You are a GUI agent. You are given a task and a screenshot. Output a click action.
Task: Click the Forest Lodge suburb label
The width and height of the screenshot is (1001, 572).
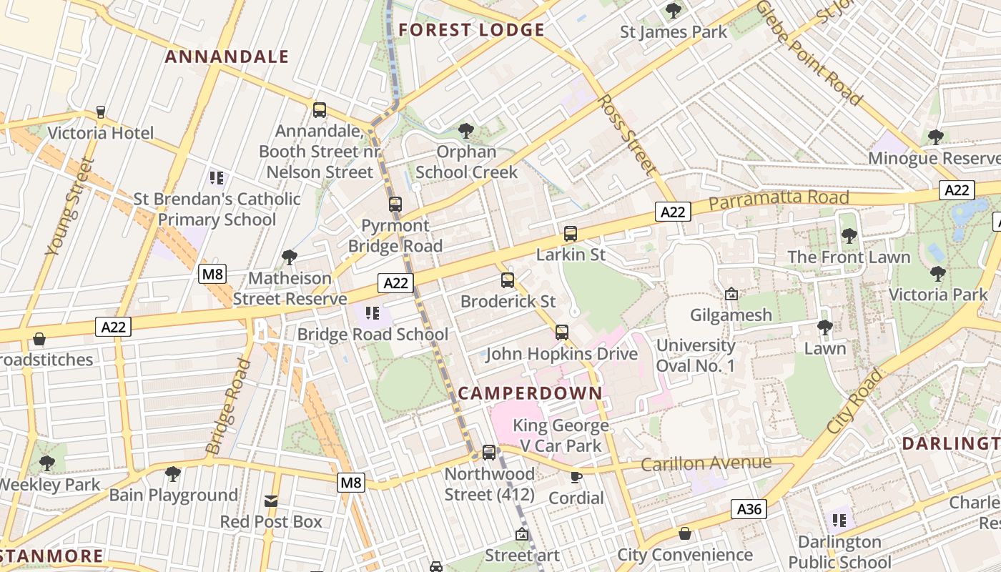tap(472, 30)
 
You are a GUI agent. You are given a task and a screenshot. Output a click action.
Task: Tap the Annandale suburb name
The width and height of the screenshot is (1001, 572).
tap(227, 56)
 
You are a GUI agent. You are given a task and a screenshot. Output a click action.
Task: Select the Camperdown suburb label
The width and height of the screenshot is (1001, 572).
tap(530, 393)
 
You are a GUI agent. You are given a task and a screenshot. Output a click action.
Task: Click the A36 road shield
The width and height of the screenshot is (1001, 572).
tap(749, 509)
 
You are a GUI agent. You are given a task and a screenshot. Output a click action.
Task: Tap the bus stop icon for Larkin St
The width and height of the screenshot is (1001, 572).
tap(570, 233)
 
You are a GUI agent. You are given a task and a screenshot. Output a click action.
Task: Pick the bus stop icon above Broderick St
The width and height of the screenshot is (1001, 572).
tap(508, 280)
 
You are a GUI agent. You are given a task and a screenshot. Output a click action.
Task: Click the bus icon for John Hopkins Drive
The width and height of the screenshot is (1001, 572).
tap(562, 332)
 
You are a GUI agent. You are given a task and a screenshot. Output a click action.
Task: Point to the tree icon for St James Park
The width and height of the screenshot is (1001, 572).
tap(673, 11)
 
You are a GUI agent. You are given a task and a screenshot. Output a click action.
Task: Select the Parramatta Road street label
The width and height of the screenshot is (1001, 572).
tap(779, 199)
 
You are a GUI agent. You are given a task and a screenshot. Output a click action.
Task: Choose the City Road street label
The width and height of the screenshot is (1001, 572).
tap(855, 401)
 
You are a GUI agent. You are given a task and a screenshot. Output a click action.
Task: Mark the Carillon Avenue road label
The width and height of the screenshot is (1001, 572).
tap(706, 463)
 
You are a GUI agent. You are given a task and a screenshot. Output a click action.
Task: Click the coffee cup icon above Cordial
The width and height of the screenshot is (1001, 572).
tap(576, 477)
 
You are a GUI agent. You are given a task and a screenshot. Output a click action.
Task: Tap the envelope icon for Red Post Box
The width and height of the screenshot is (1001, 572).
tap(271, 500)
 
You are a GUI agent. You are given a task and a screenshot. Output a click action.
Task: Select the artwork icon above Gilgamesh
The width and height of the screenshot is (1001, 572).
tap(731, 294)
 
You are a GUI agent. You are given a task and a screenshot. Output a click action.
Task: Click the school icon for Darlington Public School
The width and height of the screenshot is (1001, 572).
tap(839, 520)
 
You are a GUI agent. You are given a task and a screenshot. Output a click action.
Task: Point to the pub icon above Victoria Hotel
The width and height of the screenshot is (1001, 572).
tap(101, 112)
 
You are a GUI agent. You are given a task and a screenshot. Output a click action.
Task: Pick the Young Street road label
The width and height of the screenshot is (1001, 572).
tap(70, 207)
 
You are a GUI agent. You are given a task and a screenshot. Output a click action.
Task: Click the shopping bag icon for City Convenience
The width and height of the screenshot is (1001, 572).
tap(685, 533)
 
